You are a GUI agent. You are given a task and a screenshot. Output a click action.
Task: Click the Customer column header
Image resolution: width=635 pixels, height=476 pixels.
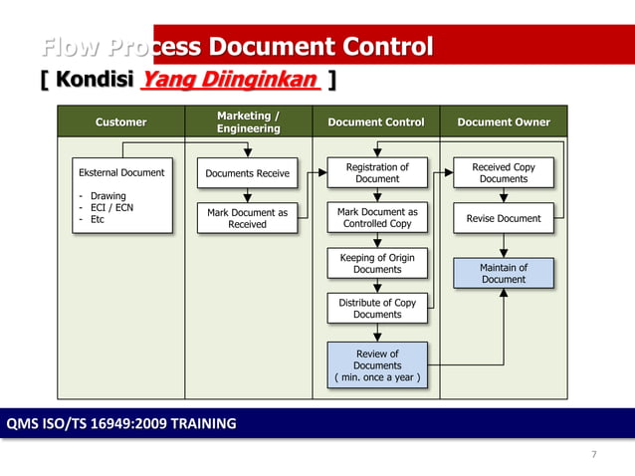coord(120,121)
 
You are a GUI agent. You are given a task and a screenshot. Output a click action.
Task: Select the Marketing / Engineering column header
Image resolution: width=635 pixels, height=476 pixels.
coord(248,121)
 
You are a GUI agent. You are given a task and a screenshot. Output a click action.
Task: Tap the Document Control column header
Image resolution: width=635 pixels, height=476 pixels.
coord(376,121)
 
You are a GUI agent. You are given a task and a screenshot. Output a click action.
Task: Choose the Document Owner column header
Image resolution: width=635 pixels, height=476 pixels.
coord(503,121)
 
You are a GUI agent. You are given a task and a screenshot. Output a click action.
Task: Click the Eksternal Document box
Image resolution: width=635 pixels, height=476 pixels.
coord(121,195)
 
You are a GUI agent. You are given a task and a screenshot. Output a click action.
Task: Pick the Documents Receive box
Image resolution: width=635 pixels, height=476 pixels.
coord(247,173)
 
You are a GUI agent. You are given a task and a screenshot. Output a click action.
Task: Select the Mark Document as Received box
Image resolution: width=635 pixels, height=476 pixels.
coord(247,218)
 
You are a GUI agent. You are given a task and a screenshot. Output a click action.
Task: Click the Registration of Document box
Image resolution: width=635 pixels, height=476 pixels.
coord(377,173)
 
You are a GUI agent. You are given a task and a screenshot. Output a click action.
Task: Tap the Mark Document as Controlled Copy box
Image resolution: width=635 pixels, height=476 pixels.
coord(377,218)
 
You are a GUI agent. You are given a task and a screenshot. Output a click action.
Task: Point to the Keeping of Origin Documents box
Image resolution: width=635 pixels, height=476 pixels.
coord(377,263)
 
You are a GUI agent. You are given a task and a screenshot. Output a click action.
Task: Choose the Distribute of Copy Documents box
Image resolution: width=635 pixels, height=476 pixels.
coord(377,308)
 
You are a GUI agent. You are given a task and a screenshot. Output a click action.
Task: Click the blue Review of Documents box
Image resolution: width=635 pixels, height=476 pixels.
coord(377,364)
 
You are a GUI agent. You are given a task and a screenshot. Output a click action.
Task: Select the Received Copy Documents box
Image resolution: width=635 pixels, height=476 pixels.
coord(504,173)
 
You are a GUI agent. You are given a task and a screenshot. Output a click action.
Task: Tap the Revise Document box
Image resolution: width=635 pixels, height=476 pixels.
coord(504,218)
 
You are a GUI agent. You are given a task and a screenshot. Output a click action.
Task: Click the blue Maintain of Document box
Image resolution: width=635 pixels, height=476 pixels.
coord(504,273)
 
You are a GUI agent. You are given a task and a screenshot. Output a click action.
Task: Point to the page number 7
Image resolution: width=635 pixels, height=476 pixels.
coord(594,455)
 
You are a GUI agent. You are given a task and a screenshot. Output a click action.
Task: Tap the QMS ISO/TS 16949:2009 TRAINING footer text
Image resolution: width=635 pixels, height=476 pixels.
coord(121,423)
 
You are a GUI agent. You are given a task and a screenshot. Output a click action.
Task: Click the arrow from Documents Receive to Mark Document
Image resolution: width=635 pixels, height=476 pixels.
coord(247,196)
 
